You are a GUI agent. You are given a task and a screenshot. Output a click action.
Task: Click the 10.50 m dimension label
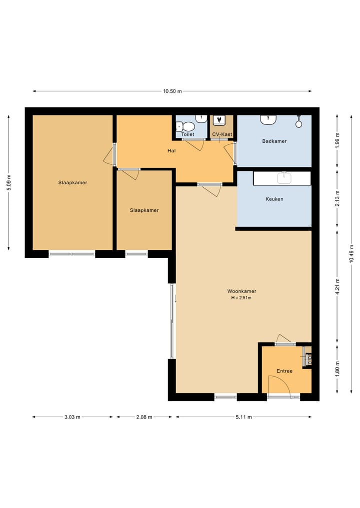coord(172,91)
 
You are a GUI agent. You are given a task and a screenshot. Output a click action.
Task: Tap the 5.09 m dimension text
coord(9,182)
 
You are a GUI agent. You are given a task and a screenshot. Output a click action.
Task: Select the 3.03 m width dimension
coord(72,417)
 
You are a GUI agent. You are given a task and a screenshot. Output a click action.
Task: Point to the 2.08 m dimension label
coord(144,417)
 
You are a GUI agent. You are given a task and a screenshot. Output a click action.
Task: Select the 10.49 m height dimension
coord(352,256)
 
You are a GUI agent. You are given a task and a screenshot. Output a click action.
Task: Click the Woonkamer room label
coord(241,291)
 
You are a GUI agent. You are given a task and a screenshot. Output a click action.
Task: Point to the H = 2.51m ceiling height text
coord(241,298)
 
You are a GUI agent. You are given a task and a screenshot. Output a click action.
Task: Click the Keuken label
coord(274,199)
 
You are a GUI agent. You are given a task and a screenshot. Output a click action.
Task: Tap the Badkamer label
coord(274,141)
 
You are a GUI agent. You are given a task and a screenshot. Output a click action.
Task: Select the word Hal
coord(171,150)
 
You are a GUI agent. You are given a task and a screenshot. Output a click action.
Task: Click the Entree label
coord(284,371)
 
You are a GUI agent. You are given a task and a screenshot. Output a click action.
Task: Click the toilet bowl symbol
coord(187,127)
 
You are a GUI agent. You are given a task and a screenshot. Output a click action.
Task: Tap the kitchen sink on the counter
coord(284,177)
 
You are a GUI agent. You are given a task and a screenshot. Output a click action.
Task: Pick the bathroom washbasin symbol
coord(268,120)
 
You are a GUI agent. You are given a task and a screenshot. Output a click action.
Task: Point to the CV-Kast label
coord(222,134)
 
